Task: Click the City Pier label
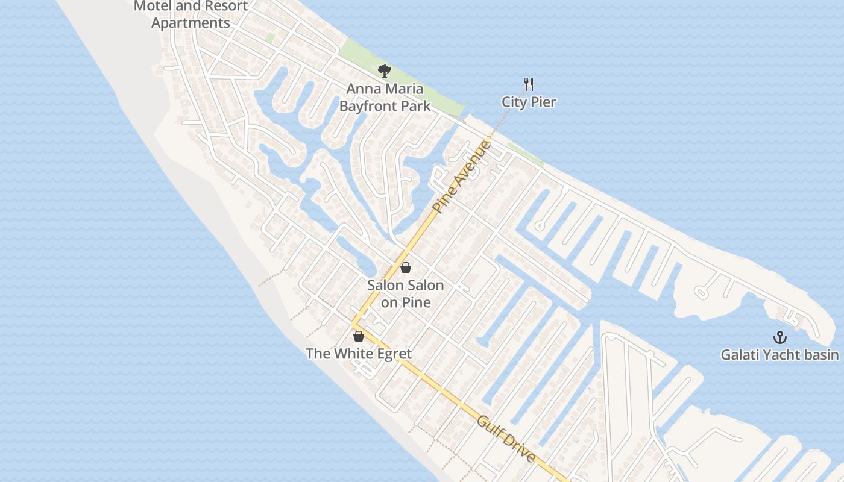(x=529, y=102)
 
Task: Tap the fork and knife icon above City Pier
(x=529, y=84)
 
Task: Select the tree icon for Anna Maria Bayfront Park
(x=384, y=71)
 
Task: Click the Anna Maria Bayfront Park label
(x=385, y=98)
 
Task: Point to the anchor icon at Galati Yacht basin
(x=780, y=337)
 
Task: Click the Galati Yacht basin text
(x=779, y=354)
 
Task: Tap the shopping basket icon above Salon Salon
(x=406, y=268)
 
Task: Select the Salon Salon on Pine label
(x=406, y=293)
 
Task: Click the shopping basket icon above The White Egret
(x=359, y=336)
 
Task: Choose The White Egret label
(x=359, y=354)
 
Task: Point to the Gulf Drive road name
(x=506, y=439)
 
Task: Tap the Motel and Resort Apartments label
(x=191, y=14)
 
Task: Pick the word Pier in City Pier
(x=543, y=102)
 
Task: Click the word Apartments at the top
(x=191, y=23)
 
